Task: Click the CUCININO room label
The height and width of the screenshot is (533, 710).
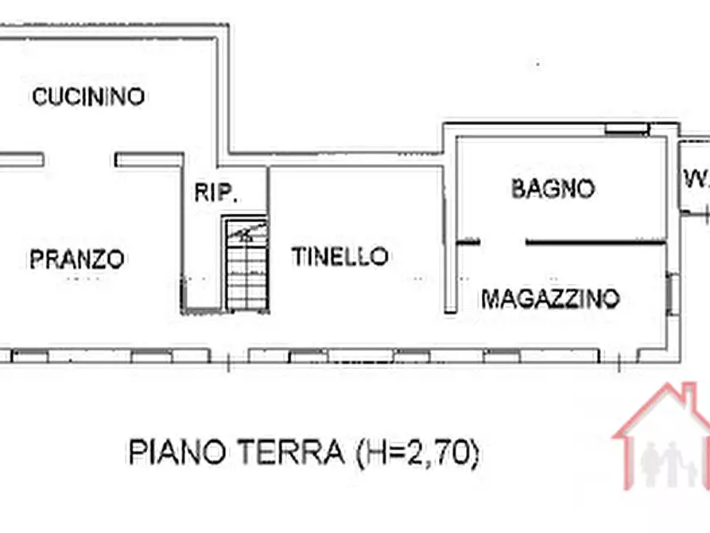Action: pyautogui.click(x=87, y=97)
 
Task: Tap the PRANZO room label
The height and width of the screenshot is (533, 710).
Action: pyautogui.click(x=76, y=259)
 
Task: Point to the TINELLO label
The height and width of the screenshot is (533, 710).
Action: pyautogui.click(x=339, y=256)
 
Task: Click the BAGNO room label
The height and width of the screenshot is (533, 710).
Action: pyautogui.click(x=553, y=189)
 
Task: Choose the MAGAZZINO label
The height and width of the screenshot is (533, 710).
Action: pyautogui.click(x=550, y=299)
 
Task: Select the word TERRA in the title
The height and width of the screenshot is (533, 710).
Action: pyautogui.click(x=289, y=453)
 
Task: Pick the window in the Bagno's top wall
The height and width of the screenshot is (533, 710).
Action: pyautogui.click(x=627, y=129)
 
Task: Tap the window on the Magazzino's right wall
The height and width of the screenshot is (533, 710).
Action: pyautogui.click(x=673, y=293)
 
